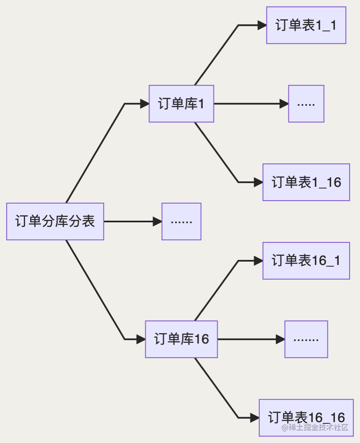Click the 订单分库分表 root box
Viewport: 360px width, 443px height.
pyautogui.click(x=55, y=221)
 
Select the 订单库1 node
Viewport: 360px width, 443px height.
pyautogui.click(x=181, y=104)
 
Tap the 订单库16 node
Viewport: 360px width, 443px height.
pyautogui.click(x=181, y=339)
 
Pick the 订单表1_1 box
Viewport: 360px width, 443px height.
pyautogui.click(x=306, y=25)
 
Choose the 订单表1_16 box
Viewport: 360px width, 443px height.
pyautogui.click(x=306, y=182)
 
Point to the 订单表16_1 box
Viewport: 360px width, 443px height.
pyautogui.click(x=306, y=261)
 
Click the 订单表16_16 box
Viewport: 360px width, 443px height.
pyautogui.click(x=306, y=418)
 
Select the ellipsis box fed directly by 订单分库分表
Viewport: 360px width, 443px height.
pyautogui.click(x=181, y=221)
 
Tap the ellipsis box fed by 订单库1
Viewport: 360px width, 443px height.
pyautogui.click(x=306, y=104)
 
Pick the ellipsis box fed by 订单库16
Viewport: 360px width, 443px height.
pyautogui.click(x=306, y=339)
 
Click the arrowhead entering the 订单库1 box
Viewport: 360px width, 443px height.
pyautogui.click(x=144, y=104)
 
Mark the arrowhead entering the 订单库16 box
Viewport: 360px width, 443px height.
pyautogui.click(x=140, y=339)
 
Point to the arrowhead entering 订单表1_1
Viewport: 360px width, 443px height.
pyautogui.click(x=262, y=25)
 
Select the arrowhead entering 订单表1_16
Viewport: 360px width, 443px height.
pyautogui.click(x=258, y=182)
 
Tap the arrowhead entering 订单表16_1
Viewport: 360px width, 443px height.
pyautogui.click(x=258, y=261)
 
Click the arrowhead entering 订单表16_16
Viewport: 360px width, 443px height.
pyautogui.click(x=254, y=418)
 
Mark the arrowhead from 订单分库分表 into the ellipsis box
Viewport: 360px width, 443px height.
pyautogui.click(x=157, y=221)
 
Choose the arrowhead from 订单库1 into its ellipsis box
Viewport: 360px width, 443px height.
pyautogui.click(x=284, y=104)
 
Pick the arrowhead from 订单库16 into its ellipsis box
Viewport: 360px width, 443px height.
pyautogui.click(x=280, y=339)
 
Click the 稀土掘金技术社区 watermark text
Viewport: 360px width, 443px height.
pyautogui.click(x=315, y=427)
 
